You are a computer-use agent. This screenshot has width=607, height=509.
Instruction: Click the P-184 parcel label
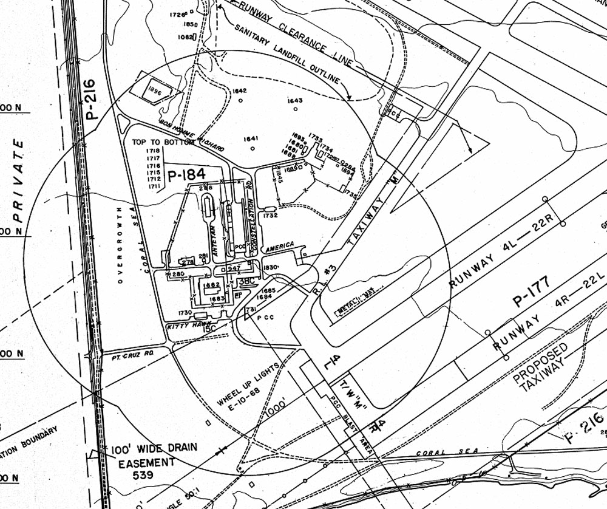coord(186,175)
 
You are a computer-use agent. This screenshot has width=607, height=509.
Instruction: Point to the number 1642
coord(240,91)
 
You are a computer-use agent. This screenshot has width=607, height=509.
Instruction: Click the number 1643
coord(295,101)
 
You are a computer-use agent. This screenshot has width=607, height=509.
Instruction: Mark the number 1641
coord(251,138)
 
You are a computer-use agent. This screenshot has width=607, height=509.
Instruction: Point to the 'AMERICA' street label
coord(279,247)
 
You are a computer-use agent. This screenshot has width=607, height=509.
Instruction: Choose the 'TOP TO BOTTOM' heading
coord(158,142)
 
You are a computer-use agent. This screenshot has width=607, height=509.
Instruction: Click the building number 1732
coord(270,215)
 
